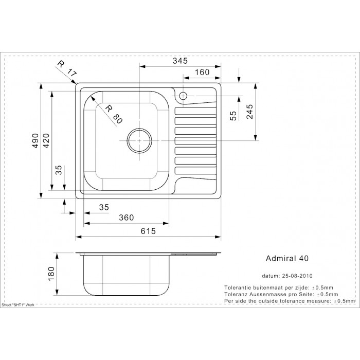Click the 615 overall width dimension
click(148, 231)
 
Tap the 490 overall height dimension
click(35, 140)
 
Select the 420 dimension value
click(46, 140)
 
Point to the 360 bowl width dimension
click(127, 218)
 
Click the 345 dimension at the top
click(180, 61)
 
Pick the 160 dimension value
click(202, 72)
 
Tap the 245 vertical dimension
click(249, 112)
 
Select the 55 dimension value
click(233, 116)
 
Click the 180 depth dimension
click(51, 274)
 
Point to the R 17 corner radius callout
click(66, 68)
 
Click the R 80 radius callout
click(114, 114)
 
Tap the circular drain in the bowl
click(139, 140)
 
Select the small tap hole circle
click(183, 96)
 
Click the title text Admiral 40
click(287, 258)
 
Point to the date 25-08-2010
click(297, 276)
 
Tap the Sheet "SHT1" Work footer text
click(18, 305)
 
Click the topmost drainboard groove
click(195, 111)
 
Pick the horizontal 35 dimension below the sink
click(104, 207)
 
